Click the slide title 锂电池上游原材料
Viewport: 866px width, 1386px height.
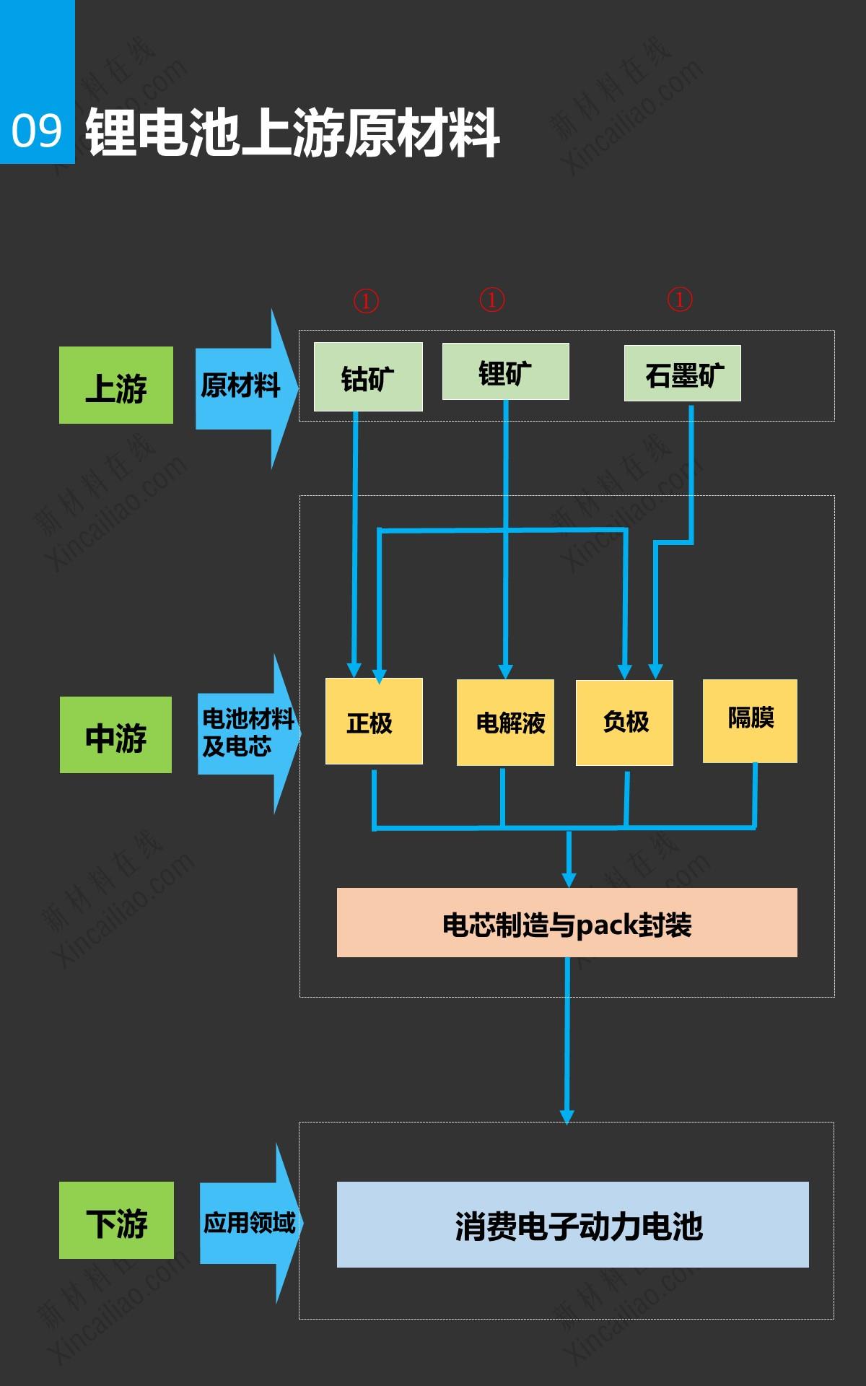click(292, 133)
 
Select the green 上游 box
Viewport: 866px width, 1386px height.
click(116, 385)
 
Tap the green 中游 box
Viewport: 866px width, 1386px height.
click(115, 736)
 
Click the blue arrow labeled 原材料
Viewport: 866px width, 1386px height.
click(242, 387)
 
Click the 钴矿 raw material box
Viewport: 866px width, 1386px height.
click(368, 378)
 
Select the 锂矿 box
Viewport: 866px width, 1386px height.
click(505, 372)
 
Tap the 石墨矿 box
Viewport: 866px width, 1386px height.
click(682, 374)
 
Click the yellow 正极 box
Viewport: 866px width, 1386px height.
click(373, 721)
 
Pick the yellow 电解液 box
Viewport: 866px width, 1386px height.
click(505, 722)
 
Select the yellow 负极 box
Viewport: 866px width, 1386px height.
click(624, 722)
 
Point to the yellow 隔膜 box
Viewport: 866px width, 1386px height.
click(750, 720)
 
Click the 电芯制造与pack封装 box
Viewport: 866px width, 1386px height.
click(567, 923)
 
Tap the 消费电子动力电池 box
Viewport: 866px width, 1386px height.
click(572, 1225)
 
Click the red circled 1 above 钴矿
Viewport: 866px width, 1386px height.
click(366, 300)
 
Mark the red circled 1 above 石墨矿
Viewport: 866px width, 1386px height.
click(679, 299)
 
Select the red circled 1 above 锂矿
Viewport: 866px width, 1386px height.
click(492, 300)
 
